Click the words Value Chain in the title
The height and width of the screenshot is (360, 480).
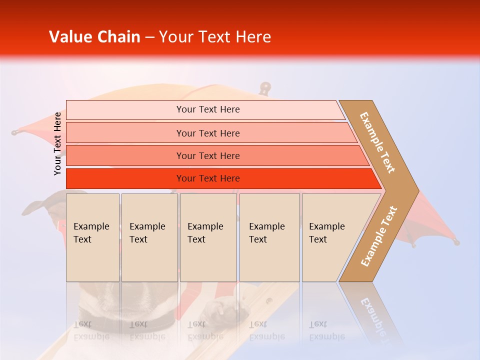(94, 37)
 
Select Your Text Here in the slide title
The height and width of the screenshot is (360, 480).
(214, 37)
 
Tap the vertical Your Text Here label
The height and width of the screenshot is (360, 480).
(58, 143)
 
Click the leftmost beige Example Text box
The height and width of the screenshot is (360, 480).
(92, 237)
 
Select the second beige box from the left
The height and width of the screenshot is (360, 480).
(149, 237)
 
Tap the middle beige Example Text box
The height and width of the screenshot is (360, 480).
(208, 237)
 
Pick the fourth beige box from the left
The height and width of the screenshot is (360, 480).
(269, 237)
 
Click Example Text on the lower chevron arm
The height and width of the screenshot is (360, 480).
(379, 236)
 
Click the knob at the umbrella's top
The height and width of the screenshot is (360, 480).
(265, 88)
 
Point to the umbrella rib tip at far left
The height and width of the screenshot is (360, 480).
(15, 132)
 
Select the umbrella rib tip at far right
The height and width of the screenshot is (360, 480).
(455, 242)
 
